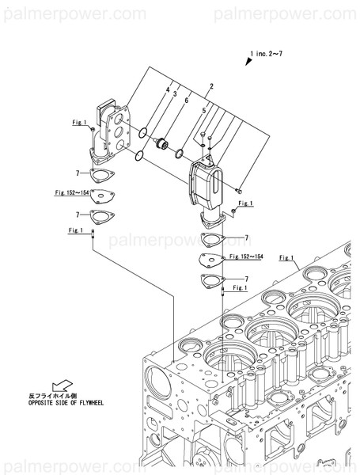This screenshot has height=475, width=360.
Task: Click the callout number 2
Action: pyautogui.click(x=211, y=85)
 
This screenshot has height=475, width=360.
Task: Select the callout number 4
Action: pyautogui.click(x=168, y=89)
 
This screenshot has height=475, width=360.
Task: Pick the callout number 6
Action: pyautogui.click(x=187, y=100)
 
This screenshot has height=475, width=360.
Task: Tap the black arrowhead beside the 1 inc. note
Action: pyautogui.click(x=248, y=64)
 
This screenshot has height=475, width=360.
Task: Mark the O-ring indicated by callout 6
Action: pyautogui.click(x=180, y=153)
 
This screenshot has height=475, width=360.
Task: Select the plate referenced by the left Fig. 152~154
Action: pyautogui.click(x=103, y=194)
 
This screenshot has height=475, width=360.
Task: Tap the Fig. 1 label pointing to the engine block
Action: pyautogui.click(x=286, y=258)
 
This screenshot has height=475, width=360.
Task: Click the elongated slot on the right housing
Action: pyautogui.click(x=214, y=184)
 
